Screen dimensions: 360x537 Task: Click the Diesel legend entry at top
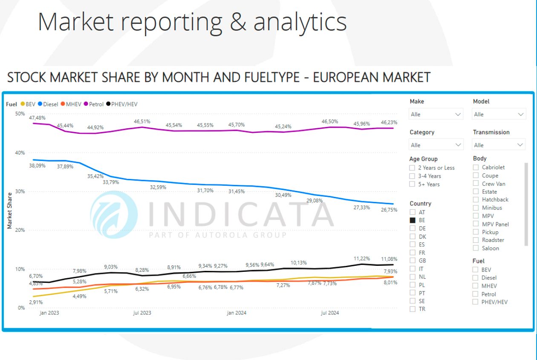point(48,104)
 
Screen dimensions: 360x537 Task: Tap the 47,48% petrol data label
point(37,117)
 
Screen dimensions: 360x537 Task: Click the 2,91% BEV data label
point(36,302)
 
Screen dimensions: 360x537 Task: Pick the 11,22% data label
point(362,259)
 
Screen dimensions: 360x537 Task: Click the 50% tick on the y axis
point(20,114)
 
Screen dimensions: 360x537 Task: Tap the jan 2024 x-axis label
point(236,313)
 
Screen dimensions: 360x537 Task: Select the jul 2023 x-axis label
point(142,313)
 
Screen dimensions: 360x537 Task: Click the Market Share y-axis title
point(9,210)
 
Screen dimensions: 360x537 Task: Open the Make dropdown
point(436,114)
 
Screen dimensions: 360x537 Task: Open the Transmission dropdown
point(499,145)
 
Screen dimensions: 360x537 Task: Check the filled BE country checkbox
point(413,220)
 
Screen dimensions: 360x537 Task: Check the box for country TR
point(413,309)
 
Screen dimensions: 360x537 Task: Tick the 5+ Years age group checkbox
point(412,184)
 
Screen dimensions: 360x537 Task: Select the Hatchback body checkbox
point(476,199)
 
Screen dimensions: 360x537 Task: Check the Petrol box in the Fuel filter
point(475,294)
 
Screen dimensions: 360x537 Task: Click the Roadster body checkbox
point(476,240)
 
